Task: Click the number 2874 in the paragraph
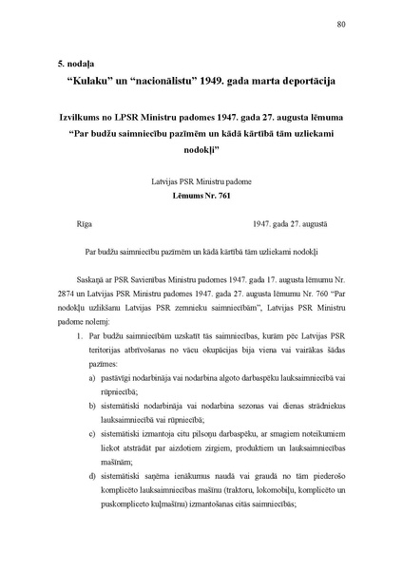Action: tap(67, 326)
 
